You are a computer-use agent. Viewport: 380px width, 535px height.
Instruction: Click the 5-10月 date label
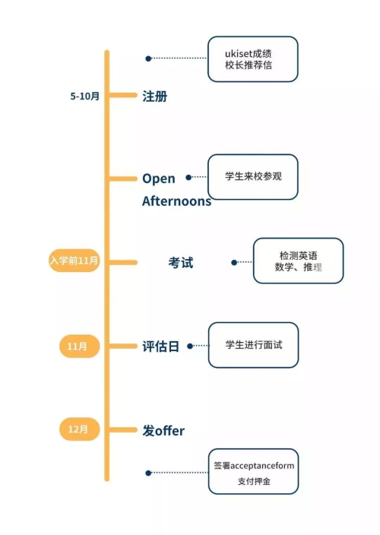coord(84,97)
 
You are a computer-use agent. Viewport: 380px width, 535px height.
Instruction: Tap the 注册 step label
coord(155,97)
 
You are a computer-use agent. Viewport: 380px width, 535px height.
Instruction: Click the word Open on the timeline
coord(159,179)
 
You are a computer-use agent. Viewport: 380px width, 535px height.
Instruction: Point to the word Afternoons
coord(176,201)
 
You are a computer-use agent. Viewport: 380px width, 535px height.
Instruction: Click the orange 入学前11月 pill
coord(74,261)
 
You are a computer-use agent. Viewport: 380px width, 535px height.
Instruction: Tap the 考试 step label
coord(181,263)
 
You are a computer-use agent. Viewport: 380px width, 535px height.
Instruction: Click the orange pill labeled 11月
coord(80,347)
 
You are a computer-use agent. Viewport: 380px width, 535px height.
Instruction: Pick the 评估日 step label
coord(160,347)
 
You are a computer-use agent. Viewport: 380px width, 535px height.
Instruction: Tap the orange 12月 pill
coord(80,429)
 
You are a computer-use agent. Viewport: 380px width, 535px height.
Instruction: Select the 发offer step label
coord(163,431)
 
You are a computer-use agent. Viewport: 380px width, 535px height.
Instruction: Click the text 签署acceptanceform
coord(254,466)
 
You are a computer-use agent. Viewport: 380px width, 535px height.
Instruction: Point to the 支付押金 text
coord(254,481)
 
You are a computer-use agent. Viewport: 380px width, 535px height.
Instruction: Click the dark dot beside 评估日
coord(190,347)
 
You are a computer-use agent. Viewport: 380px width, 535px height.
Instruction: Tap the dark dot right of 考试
coord(234,262)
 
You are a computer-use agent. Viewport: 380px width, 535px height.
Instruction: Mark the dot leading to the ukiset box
coord(148,59)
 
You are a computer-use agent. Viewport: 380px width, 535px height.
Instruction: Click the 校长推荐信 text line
coord(249,65)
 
